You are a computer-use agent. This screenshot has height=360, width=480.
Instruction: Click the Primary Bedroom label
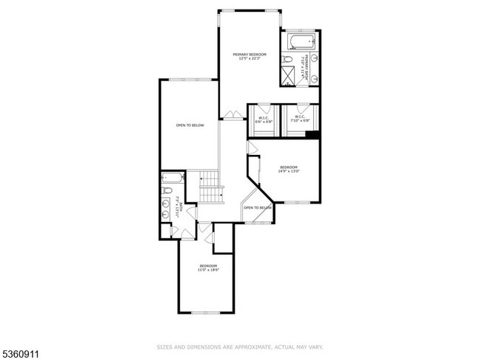click(249, 54)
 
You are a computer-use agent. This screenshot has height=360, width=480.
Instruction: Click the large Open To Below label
click(190, 125)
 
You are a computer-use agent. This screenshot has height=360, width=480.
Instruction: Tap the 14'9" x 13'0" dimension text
click(288, 171)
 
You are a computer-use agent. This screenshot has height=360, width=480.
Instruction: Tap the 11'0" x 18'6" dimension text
click(208, 270)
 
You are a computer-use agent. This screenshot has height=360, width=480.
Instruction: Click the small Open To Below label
click(258, 208)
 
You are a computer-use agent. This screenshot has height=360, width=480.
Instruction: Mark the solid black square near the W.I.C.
click(312, 134)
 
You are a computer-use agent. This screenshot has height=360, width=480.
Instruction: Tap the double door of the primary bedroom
click(234, 114)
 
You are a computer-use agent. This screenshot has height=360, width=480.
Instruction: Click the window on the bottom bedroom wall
click(205, 312)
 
